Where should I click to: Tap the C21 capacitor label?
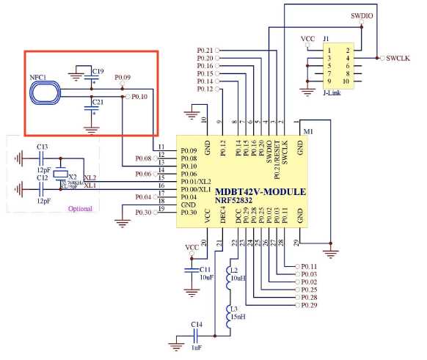[98, 101]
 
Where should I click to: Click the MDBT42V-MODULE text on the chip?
[261, 191]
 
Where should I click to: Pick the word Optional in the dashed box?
[80, 208]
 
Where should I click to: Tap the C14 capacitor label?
[196, 324]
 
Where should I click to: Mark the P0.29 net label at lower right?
[308, 304]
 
